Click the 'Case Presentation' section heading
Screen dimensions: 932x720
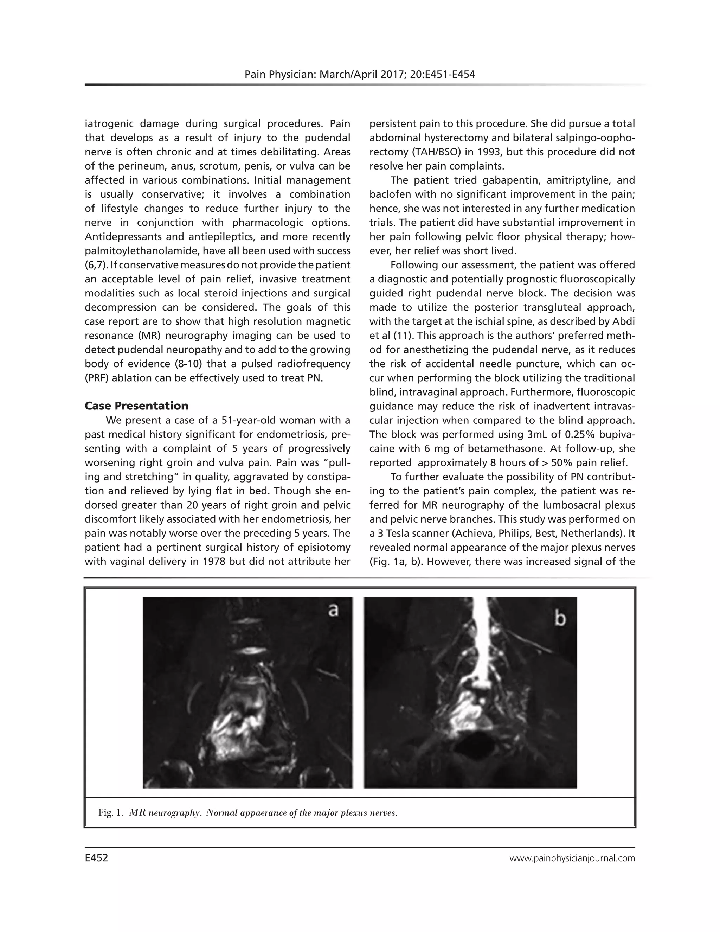(136, 406)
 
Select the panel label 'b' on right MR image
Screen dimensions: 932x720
(560, 618)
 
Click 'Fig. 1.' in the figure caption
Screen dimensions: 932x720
(110, 812)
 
